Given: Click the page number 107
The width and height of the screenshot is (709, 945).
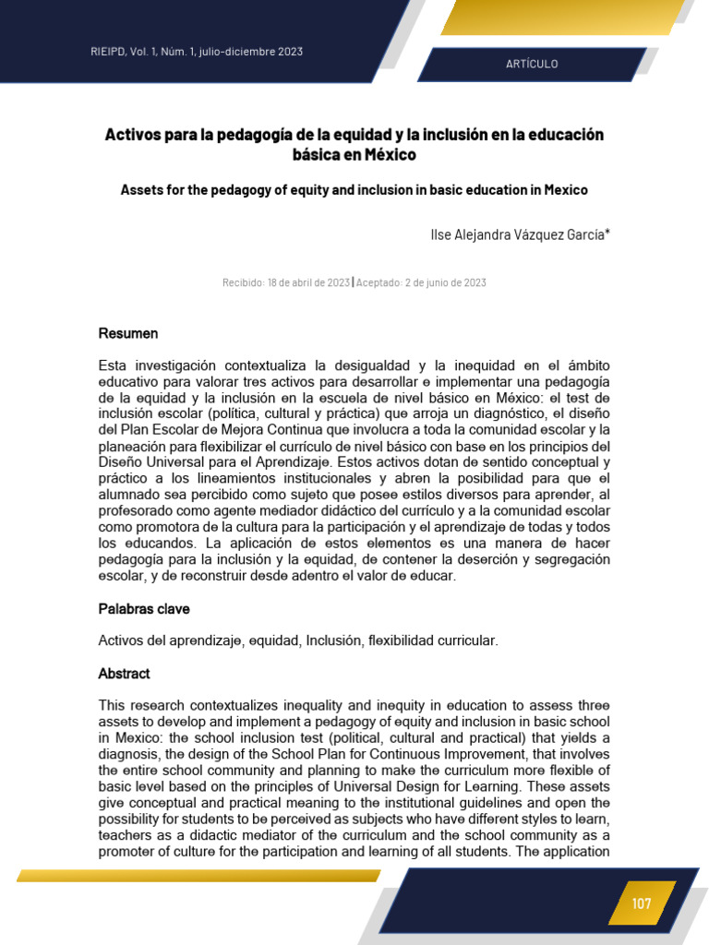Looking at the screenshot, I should coord(642,903).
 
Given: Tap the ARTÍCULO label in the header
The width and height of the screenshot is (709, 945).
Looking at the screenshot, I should coord(532,64).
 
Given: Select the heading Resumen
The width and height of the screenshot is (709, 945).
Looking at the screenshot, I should coord(128,333).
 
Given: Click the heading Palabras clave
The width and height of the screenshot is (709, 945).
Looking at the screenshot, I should coord(144,609).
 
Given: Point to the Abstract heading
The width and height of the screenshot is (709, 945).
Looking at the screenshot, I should coord(125,674).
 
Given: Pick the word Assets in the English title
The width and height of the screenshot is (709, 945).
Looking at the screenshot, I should coord(142,190).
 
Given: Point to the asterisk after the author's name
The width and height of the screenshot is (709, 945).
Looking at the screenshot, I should coord(607,233).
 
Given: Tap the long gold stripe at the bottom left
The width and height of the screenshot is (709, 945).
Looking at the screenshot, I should coord(198,875).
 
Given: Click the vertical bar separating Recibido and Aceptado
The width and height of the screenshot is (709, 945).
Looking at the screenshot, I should coord(353,282).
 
